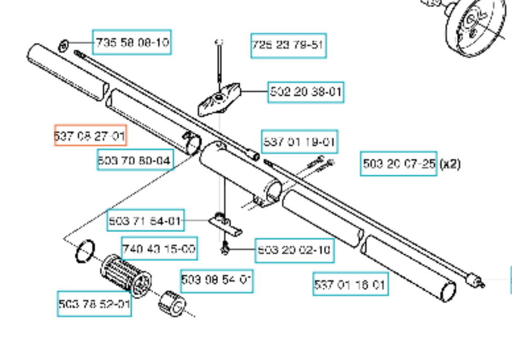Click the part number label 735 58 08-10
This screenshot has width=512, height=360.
(x=132, y=42)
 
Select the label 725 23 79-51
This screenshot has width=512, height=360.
(x=288, y=45)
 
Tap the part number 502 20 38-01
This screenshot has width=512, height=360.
(x=306, y=92)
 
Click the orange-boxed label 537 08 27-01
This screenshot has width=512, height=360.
(x=90, y=137)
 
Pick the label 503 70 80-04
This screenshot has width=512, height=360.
(x=135, y=159)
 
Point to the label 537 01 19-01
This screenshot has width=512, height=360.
(x=299, y=142)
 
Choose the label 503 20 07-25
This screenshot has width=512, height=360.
(x=399, y=164)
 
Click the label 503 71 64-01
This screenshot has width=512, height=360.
(x=145, y=221)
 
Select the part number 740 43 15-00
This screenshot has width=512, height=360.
(x=159, y=248)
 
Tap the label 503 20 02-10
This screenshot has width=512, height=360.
(x=294, y=250)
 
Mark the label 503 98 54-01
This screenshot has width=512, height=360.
(x=216, y=281)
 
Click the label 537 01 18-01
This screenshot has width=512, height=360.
(x=350, y=285)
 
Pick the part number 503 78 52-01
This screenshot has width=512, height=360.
(x=94, y=305)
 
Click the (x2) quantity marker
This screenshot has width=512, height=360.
(x=450, y=164)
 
